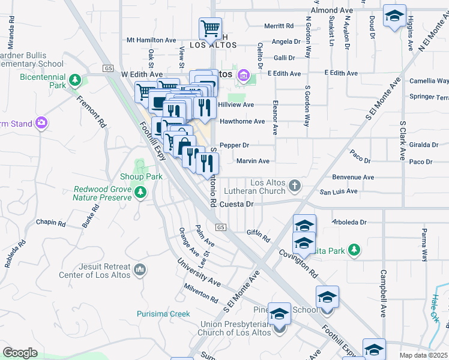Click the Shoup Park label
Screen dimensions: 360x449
[x=141, y=177]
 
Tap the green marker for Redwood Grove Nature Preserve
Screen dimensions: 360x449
[x=140, y=192]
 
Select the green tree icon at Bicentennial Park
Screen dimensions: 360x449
[x=75, y=79]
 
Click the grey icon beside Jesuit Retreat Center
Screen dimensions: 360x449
[x=140, y=270]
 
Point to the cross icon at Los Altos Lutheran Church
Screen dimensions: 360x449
[x=294, y=185]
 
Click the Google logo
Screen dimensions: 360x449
[x=20, y=353]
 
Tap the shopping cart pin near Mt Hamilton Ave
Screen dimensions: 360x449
[x=211, y=28]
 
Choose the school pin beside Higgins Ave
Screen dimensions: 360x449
[x=394, y=16]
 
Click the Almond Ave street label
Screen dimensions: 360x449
[x=331, y=11]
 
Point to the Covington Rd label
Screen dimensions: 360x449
[x=298, y=263]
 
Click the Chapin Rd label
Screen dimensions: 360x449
[x=51, y=223]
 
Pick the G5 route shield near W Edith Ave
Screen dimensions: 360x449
[x=108, y=68]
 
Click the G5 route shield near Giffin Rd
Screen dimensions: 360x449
[x=221, y=227]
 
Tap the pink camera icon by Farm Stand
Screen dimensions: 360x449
[x=41, y=122]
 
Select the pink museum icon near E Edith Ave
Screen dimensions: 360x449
[x=243, y=75]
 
